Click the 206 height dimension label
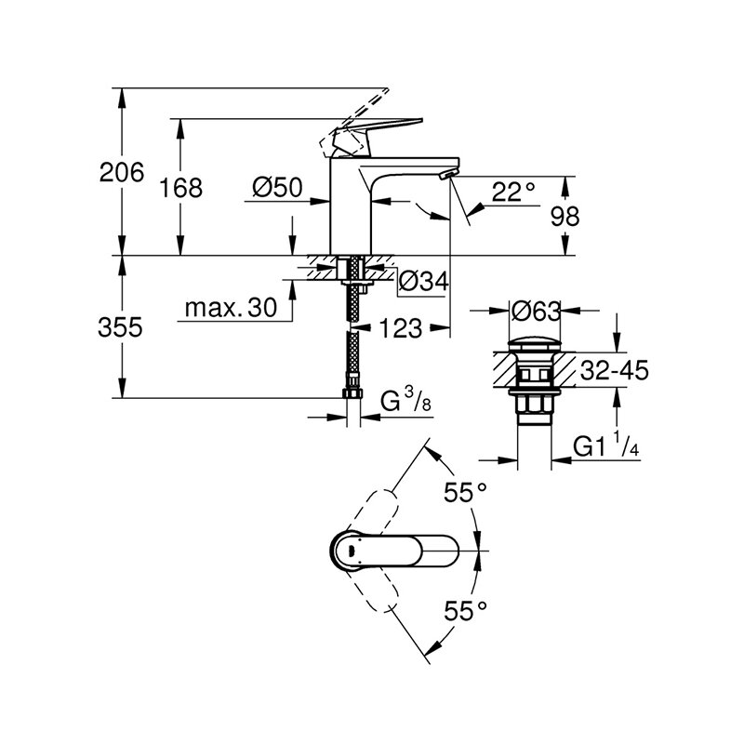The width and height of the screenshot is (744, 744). [x=123, y=172]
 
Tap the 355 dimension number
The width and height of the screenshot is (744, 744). [x=123, y=327]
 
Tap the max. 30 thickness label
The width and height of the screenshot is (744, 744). [x=231, y=308]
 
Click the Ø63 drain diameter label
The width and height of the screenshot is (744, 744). [x=537, y=309]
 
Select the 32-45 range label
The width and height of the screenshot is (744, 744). [x=613, y=371]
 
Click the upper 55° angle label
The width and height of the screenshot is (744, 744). [x=465, y=493]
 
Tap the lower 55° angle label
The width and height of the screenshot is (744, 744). [x=465, y=611]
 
